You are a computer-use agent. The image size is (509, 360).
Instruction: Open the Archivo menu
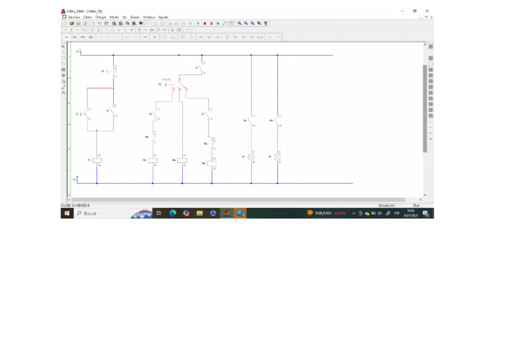[x=74, y=17]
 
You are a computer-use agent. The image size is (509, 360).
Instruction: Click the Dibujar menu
[x=101, y=17]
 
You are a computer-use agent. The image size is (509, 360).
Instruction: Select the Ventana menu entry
[x=148, y=17]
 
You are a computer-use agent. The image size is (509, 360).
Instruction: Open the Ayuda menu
[x=163, y=17]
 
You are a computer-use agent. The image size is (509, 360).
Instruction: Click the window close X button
[x=427, y=11]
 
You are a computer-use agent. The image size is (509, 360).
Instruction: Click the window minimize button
[x=402, y=11]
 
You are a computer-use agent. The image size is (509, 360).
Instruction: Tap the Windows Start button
[x=66, y=213]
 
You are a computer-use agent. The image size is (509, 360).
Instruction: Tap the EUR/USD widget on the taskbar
[x=325, y=213]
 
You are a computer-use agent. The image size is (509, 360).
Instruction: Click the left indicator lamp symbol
[x=251, y=157]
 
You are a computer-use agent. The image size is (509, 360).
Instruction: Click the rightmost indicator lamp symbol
[x=277, y=157]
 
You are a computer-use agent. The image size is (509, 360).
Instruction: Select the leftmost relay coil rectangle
[x=97, y=160]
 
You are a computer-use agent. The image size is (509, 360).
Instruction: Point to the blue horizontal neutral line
[x=219, y=183]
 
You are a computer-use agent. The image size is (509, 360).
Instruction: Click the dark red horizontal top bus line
[x=199, y=55]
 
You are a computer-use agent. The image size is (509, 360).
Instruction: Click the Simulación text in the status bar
[x=386, y=206]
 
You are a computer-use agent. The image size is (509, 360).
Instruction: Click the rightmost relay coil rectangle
[x=211, y=163]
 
